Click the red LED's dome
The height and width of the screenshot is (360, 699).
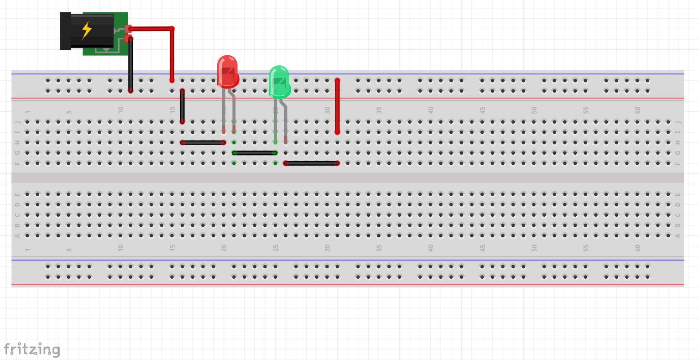[x=227, y=71]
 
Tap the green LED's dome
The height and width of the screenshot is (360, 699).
[x=279, y=81]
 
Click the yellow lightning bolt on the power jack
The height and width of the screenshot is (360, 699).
[x=86, y=31]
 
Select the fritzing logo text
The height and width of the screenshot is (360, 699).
[x=32, y=349]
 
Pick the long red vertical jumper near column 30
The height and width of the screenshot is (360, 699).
[x=337, y=106]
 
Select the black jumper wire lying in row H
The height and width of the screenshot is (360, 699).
[x=203, y=143]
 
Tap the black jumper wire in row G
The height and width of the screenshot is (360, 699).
[x=255, y=153]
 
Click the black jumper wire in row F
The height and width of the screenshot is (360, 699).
[x=312, y=163]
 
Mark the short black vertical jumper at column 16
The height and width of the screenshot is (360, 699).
[x=183, y=106]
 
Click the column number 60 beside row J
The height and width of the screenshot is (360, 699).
[x=637, y=110]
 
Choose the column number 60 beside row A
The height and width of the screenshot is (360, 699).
[x=637, y=248]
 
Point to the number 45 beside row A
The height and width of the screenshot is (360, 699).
[x=482, y=248]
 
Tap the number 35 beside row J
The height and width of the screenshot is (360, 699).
[x=379, y=110]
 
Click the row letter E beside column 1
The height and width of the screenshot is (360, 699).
[x=18, y=194]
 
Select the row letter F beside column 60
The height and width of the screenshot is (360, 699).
[x=678, y=163]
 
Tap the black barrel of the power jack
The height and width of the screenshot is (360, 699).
[x=66, y=31]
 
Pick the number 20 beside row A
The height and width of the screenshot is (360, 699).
[x=224, y=248]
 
